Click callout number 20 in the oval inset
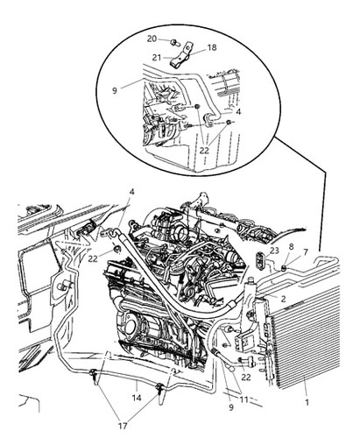[152, 39]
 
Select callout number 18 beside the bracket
[212, 47]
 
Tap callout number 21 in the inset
[157, 58]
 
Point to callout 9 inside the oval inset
[115, 90]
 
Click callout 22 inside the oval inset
[205, 151]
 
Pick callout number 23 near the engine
[274, 251]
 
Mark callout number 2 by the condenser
[283, 299]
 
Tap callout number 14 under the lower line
[137, 398]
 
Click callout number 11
[244, 399]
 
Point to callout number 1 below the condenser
[307, 403]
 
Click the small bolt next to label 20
[174, 43]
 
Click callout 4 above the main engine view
[131, 192]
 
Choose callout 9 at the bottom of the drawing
[231, 407]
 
